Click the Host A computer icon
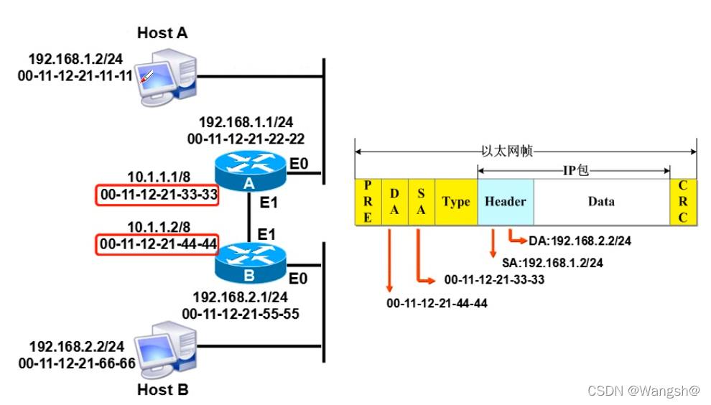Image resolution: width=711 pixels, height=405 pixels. [167, 75]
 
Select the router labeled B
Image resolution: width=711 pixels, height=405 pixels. [250, 263]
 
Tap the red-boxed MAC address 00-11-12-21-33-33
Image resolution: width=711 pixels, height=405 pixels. [157, 194]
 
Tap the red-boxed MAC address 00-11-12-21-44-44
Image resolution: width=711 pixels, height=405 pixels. [157, 244]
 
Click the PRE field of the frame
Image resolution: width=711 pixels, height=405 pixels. [368, 202]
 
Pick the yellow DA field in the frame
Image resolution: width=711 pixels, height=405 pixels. [394, 202]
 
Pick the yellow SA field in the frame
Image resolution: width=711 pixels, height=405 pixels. [421, 202]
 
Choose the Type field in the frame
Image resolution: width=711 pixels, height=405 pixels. [456, 202]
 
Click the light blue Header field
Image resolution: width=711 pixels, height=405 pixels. [505, 202]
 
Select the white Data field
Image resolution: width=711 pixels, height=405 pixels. [601, 202]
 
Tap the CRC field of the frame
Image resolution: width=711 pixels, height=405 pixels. [683, 202]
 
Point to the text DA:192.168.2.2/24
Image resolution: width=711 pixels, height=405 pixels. [580, 241]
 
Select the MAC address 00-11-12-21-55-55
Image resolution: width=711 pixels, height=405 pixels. [241, 313]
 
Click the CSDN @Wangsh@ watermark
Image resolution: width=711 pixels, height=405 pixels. [643, 391]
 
